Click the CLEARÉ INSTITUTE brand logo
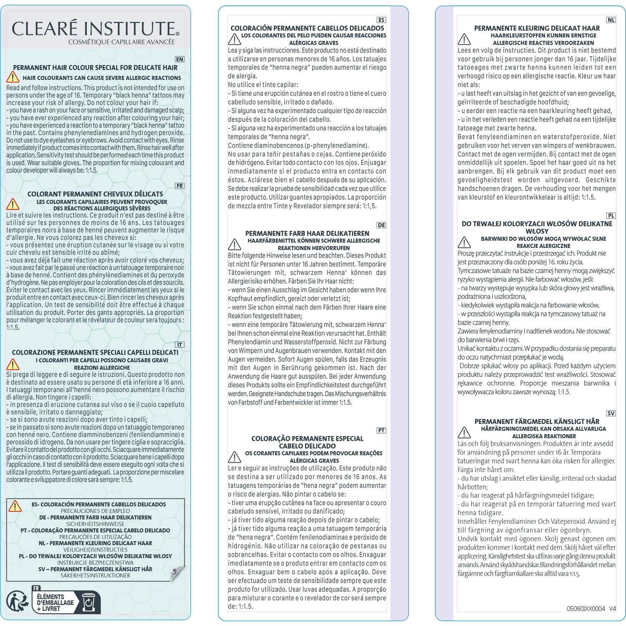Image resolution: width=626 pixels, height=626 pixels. click(95, 28)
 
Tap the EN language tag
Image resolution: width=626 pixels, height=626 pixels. click(179, 60)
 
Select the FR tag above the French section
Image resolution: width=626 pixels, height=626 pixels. click(179, 186)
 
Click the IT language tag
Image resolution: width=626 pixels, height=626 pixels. click(179, 345)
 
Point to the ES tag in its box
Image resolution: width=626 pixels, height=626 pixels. click(381, 20)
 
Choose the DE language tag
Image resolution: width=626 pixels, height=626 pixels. click(381, 225)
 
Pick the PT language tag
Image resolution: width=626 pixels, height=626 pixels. click(381, 430)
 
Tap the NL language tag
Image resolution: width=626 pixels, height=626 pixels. click(611, 20)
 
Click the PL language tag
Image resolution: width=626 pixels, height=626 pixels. click(611, 216)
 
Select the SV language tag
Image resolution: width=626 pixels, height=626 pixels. click(611, 413)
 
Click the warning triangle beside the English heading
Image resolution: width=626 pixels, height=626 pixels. click(13, 77)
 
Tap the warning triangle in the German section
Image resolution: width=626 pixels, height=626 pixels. click(235, 244)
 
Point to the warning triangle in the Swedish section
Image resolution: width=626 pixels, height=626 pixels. click(464, 432)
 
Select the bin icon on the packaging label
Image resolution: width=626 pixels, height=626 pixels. click(88, 602)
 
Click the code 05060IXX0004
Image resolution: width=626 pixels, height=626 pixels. click(586, 608)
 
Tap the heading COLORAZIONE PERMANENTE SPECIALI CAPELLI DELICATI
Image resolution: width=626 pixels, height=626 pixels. click(95, 353)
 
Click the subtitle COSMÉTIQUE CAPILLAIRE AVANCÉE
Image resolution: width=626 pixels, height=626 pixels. click(121, 42)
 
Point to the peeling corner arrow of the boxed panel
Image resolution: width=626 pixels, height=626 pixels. click(177, 573)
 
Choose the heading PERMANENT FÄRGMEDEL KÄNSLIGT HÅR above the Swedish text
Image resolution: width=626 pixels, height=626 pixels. click(537, 422)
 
